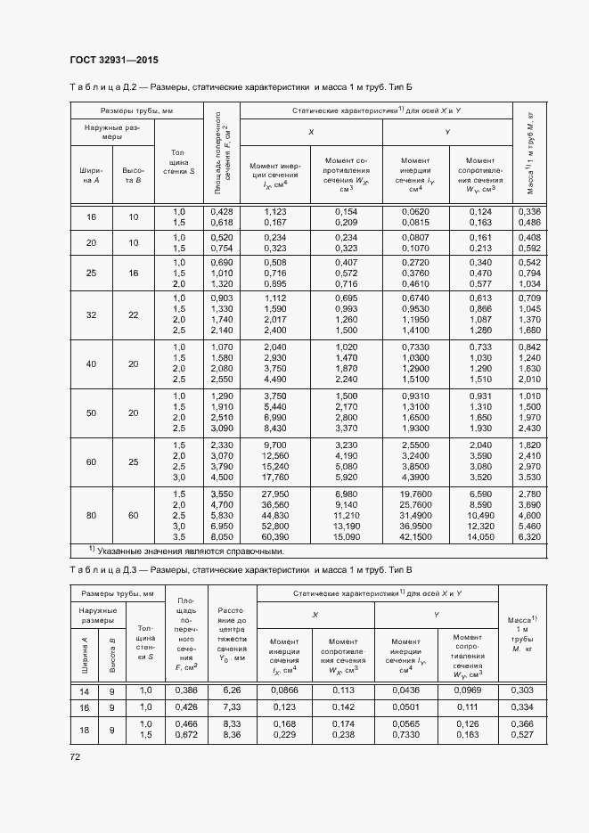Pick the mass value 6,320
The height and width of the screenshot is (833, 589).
coord(528,537)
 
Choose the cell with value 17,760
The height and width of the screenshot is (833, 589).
coord(275,476)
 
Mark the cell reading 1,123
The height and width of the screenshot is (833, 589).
coord(275,210)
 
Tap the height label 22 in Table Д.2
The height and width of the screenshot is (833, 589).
coord(134,314)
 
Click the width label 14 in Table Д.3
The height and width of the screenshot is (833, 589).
coord(83,690)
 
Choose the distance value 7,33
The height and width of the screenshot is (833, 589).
coord(233,706)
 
